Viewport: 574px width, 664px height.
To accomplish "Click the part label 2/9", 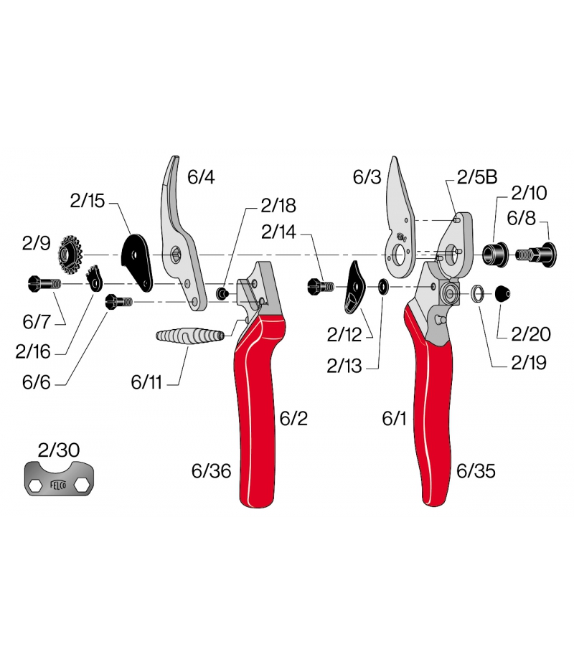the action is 37,244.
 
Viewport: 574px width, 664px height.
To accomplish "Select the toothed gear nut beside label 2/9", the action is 70,255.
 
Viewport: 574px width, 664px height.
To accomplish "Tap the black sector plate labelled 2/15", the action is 137,262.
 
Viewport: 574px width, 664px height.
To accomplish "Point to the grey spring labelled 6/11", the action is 190,336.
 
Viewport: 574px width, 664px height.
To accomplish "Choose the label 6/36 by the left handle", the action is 211,471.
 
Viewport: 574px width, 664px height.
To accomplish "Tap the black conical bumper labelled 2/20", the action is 503,293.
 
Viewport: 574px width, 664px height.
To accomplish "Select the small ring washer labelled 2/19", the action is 479,293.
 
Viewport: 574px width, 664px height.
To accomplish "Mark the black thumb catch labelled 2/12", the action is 356,288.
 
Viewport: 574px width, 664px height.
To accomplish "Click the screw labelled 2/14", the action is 321,287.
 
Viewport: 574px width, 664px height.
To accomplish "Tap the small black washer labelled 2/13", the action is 384,287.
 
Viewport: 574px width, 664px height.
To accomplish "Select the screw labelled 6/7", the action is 44,283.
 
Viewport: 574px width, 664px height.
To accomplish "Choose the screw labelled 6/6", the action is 118,302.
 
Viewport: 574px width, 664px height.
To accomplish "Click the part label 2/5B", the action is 477,177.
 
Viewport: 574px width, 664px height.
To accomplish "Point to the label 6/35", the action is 476,471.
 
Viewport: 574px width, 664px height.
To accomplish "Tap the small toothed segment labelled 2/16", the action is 95,278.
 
